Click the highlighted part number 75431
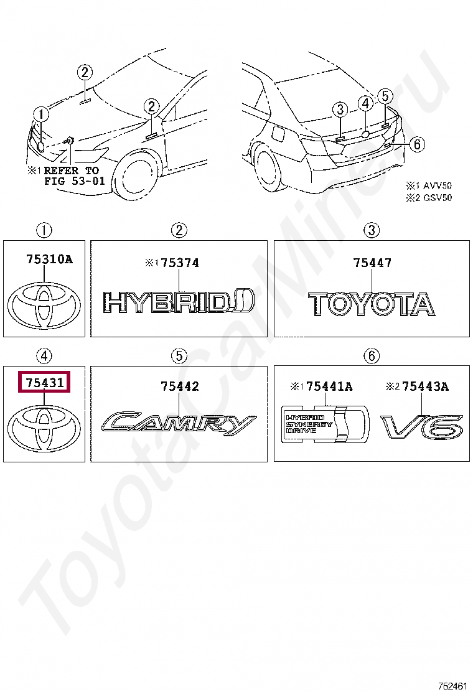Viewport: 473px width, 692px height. click(45, 382)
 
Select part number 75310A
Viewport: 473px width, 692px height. click(49, 259)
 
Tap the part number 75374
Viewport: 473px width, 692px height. click(180, 263)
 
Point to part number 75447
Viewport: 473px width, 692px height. click(372, 263)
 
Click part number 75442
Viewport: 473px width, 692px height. click(180, 386)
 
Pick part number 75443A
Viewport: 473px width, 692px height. click(425, 386)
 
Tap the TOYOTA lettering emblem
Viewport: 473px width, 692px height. click(372, 303)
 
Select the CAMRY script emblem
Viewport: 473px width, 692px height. click(178, 423)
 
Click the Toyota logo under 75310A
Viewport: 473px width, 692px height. click(45, 305)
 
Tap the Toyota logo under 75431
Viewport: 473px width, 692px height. click(45, 428)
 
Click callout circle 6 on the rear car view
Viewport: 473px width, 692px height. click(417, 144)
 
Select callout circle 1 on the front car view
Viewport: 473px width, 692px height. click(40, 114)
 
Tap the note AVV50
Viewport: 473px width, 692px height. click(438, 185)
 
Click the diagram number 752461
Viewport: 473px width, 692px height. click(452, 685)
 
